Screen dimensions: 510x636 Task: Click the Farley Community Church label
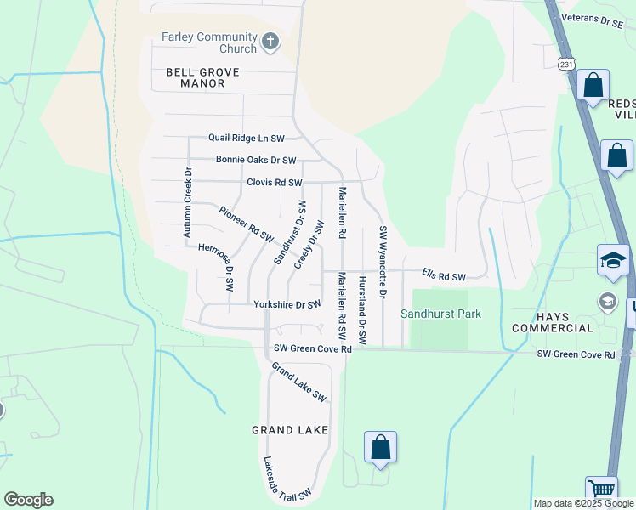[209, 43]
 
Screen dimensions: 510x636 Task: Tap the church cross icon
[270, 41]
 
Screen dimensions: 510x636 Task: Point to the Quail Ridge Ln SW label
[247, 138]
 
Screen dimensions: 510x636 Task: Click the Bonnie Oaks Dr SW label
[256, 160]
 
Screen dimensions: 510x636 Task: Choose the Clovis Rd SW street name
[275, 183]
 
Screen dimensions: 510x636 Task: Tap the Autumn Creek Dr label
[188, 201]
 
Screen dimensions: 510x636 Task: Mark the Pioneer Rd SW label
[246, 223]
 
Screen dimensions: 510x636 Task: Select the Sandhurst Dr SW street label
[288, 231]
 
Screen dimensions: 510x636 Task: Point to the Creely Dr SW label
[309, 245]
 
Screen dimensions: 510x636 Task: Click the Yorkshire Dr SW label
[287, 304]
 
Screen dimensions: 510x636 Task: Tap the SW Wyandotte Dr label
[383, 262]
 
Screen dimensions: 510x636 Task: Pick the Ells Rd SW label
[445, 277]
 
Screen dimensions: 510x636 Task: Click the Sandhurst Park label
[441, 314]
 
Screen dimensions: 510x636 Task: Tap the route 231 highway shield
[567, 64]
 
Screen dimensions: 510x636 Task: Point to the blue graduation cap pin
[613, 260]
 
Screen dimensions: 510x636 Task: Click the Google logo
[28, 500]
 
